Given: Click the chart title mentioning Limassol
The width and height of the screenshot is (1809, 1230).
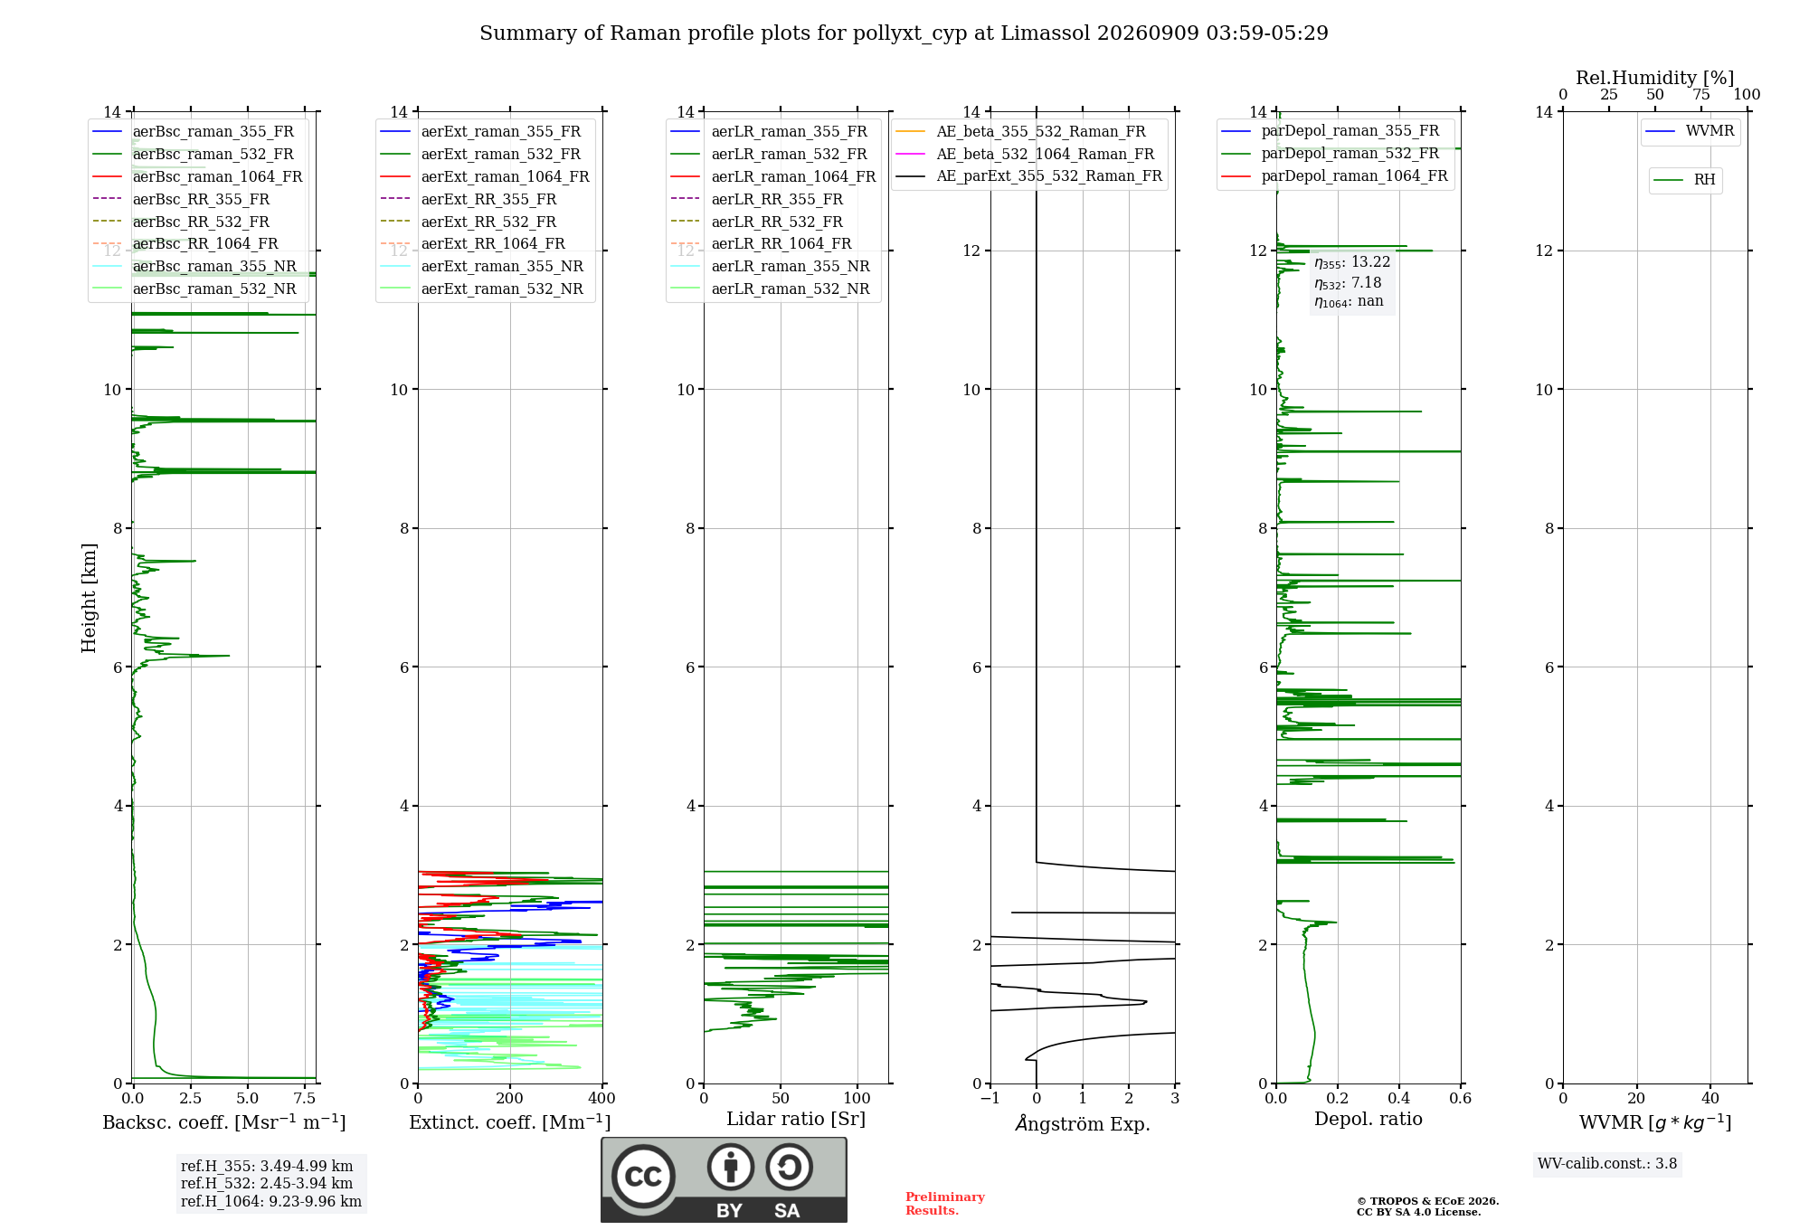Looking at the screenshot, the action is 904,33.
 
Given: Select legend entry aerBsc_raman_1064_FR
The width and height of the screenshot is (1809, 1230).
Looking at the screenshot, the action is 197,176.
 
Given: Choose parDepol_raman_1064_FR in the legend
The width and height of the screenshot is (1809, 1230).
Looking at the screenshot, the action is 1334,175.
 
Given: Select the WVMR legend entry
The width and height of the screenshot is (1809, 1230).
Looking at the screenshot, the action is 1690,131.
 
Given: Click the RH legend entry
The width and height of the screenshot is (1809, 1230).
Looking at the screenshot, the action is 1684,180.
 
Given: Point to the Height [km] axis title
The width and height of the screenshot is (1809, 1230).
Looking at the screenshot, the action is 89,598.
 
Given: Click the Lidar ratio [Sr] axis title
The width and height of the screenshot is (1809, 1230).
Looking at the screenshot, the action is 796,1119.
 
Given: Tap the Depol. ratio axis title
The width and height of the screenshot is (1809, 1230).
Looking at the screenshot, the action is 1369,1119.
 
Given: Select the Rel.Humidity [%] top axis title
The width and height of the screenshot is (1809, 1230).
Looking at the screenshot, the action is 1655,78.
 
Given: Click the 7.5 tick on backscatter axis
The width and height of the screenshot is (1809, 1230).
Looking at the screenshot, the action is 305,1098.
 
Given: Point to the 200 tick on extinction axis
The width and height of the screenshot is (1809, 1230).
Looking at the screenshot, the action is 510,1098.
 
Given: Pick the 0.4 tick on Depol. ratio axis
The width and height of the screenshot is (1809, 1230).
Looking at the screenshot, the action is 1399,1098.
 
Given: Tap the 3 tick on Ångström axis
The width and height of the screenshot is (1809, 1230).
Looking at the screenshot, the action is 1175,1098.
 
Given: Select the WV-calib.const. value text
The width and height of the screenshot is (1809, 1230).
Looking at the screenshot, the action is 1607,1164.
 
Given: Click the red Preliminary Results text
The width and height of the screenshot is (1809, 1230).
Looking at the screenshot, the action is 945,1204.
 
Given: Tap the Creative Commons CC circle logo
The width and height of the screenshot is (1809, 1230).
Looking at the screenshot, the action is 643,1177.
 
